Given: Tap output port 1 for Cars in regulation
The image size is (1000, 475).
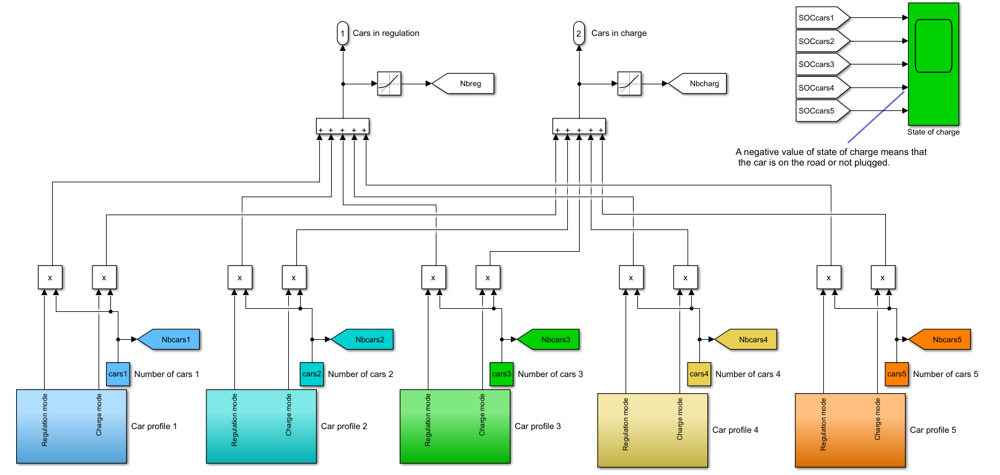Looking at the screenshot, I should (343, 33).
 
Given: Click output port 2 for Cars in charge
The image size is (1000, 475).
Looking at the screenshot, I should (578, 33).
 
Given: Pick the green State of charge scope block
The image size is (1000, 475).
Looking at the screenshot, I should (933, 64).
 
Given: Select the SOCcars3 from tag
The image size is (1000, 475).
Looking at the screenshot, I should (820, 64).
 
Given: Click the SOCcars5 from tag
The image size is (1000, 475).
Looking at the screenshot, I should (820, 111).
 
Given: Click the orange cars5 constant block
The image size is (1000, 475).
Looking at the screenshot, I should (896, 375).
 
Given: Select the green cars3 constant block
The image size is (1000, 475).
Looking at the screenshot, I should (501, 375).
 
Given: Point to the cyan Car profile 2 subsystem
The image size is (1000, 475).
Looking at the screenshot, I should (261, 427).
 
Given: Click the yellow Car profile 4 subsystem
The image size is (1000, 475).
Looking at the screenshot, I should (652, 430).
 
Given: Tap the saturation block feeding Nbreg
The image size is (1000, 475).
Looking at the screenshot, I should (389, 84).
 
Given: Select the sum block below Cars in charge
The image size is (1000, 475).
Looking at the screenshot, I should (578, 126).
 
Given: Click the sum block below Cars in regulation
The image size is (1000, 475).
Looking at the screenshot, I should (342, 126).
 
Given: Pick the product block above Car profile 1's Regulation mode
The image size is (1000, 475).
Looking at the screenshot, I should (50, 278).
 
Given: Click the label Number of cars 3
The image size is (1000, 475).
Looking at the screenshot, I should (550, 375).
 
